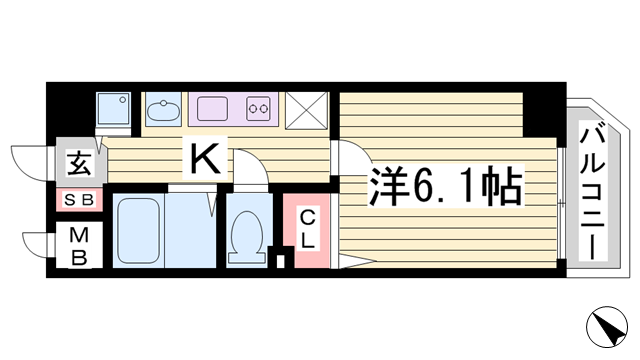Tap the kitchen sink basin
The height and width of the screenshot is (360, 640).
click(161, 107)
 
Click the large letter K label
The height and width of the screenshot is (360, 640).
click(206, 158)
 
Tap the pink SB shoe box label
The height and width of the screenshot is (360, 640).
click(78, 200)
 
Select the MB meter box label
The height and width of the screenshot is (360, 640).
click(78, 246)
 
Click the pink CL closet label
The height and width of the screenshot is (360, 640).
click(308, 228)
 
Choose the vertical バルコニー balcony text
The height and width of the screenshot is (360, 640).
click(591, 190)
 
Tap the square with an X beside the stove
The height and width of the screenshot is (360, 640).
click(307, 109)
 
